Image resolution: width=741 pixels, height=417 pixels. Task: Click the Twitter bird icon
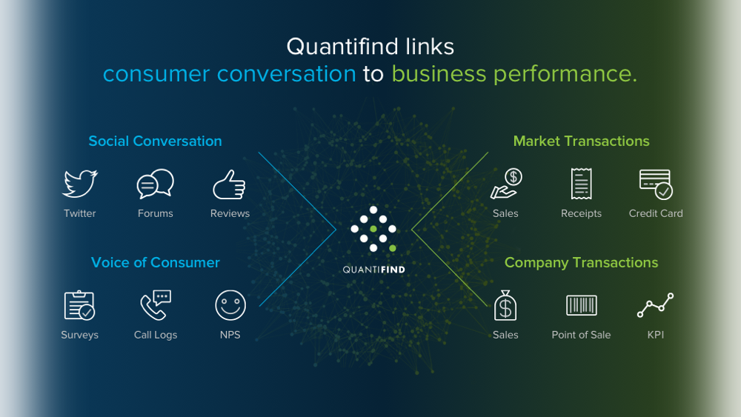pyautogui.click(x=80, y=184)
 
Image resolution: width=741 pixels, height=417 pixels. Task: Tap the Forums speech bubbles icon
pyautogui.click(x=155, y=184)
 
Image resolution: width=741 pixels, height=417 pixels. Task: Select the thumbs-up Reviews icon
pyautogui.click(x=229, y=184)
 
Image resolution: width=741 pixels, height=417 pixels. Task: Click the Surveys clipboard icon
pyautogui.click(x=79, y=305)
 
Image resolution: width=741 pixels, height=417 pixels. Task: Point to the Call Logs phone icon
pyautogui.click(x=156, y=305)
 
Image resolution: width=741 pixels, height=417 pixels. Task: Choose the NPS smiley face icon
pyautogui.click(x=230, y=305)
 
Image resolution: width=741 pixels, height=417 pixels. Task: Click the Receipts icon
pyautogui.click(x=581, y=184)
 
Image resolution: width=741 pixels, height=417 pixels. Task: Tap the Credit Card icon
pyautogui.click(x=656, y=184)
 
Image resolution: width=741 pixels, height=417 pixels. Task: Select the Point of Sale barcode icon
pyautogui.click(x=581, y=305)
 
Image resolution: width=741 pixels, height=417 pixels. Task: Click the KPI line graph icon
pyautogui.click(x=656, y=305)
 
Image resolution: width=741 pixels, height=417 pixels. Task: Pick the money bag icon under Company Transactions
pyautogui.click(x=505, y=305)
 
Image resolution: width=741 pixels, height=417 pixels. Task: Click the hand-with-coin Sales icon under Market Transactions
pyautogui.click(x=506, y=184)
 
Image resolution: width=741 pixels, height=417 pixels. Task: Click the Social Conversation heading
pyautogui.click(x=155, y=141)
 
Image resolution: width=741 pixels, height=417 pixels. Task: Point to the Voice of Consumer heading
pyautogui.click(x=155, y=262)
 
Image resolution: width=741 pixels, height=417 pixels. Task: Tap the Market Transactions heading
pyautogui.click(x=581, y=141)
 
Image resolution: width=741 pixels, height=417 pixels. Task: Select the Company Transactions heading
pyautogui.click(x=581, y=263)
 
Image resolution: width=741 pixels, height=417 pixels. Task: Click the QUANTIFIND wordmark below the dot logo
pyautogui.click(x=373, y=270)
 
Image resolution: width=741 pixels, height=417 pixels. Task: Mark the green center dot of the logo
pyautogui.click(x=373, y=229)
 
